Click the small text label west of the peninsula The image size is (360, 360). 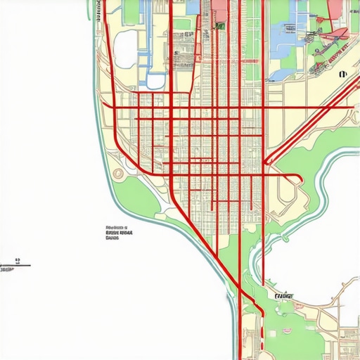click(120, 233)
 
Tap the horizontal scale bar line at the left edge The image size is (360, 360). click(15, 265)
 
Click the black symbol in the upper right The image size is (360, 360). click(343, 73)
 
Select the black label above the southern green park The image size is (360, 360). click(284, 296)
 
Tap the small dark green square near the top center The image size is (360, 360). click(220, 26)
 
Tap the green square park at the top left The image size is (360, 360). click(131, 10)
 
